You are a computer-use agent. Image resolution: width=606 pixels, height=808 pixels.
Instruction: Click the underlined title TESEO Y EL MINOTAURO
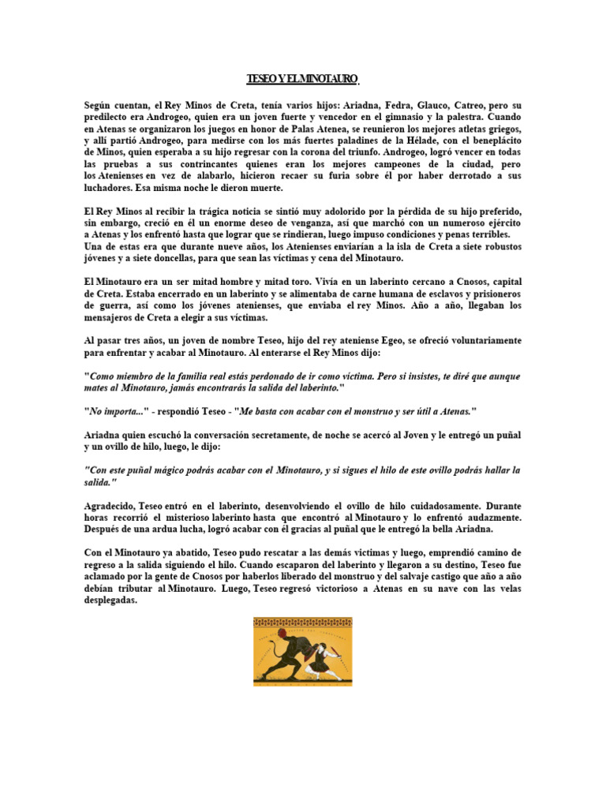point(303,79)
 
